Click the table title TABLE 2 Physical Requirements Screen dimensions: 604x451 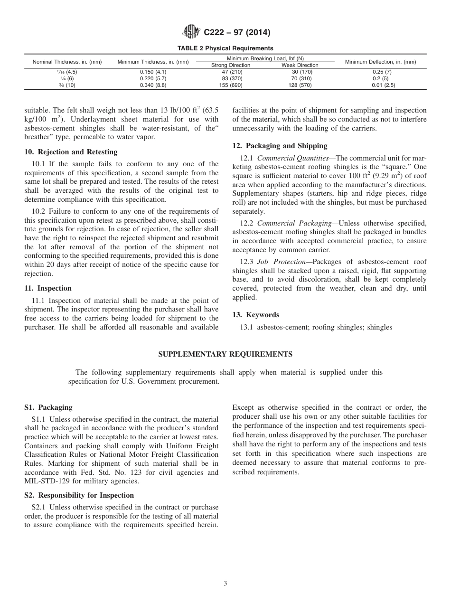(x=225, y=48)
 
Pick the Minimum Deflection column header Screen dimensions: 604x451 (x=380, y=62)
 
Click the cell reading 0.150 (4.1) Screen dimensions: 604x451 (x=153, y=72)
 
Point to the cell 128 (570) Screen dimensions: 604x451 (x=300, y=85)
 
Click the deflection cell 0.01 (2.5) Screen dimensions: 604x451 (x=383, y=85)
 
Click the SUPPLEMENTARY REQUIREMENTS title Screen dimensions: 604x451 (x=225, y=354)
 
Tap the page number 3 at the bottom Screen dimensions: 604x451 (x=225, y=584)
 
